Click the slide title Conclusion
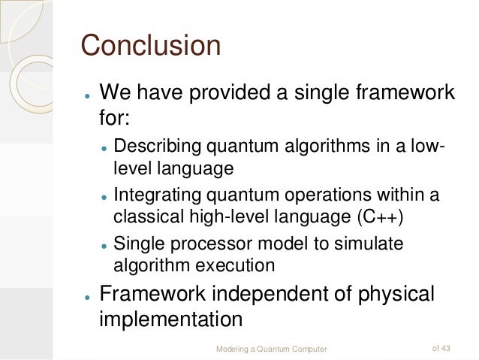pyautogui.click(x=150, y=46)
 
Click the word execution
pyautogui.click(x=237, y=265)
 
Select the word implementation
pyautogui.click(x=170, y=319)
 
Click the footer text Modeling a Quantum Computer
pyautogui.click(x=271, y=348)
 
